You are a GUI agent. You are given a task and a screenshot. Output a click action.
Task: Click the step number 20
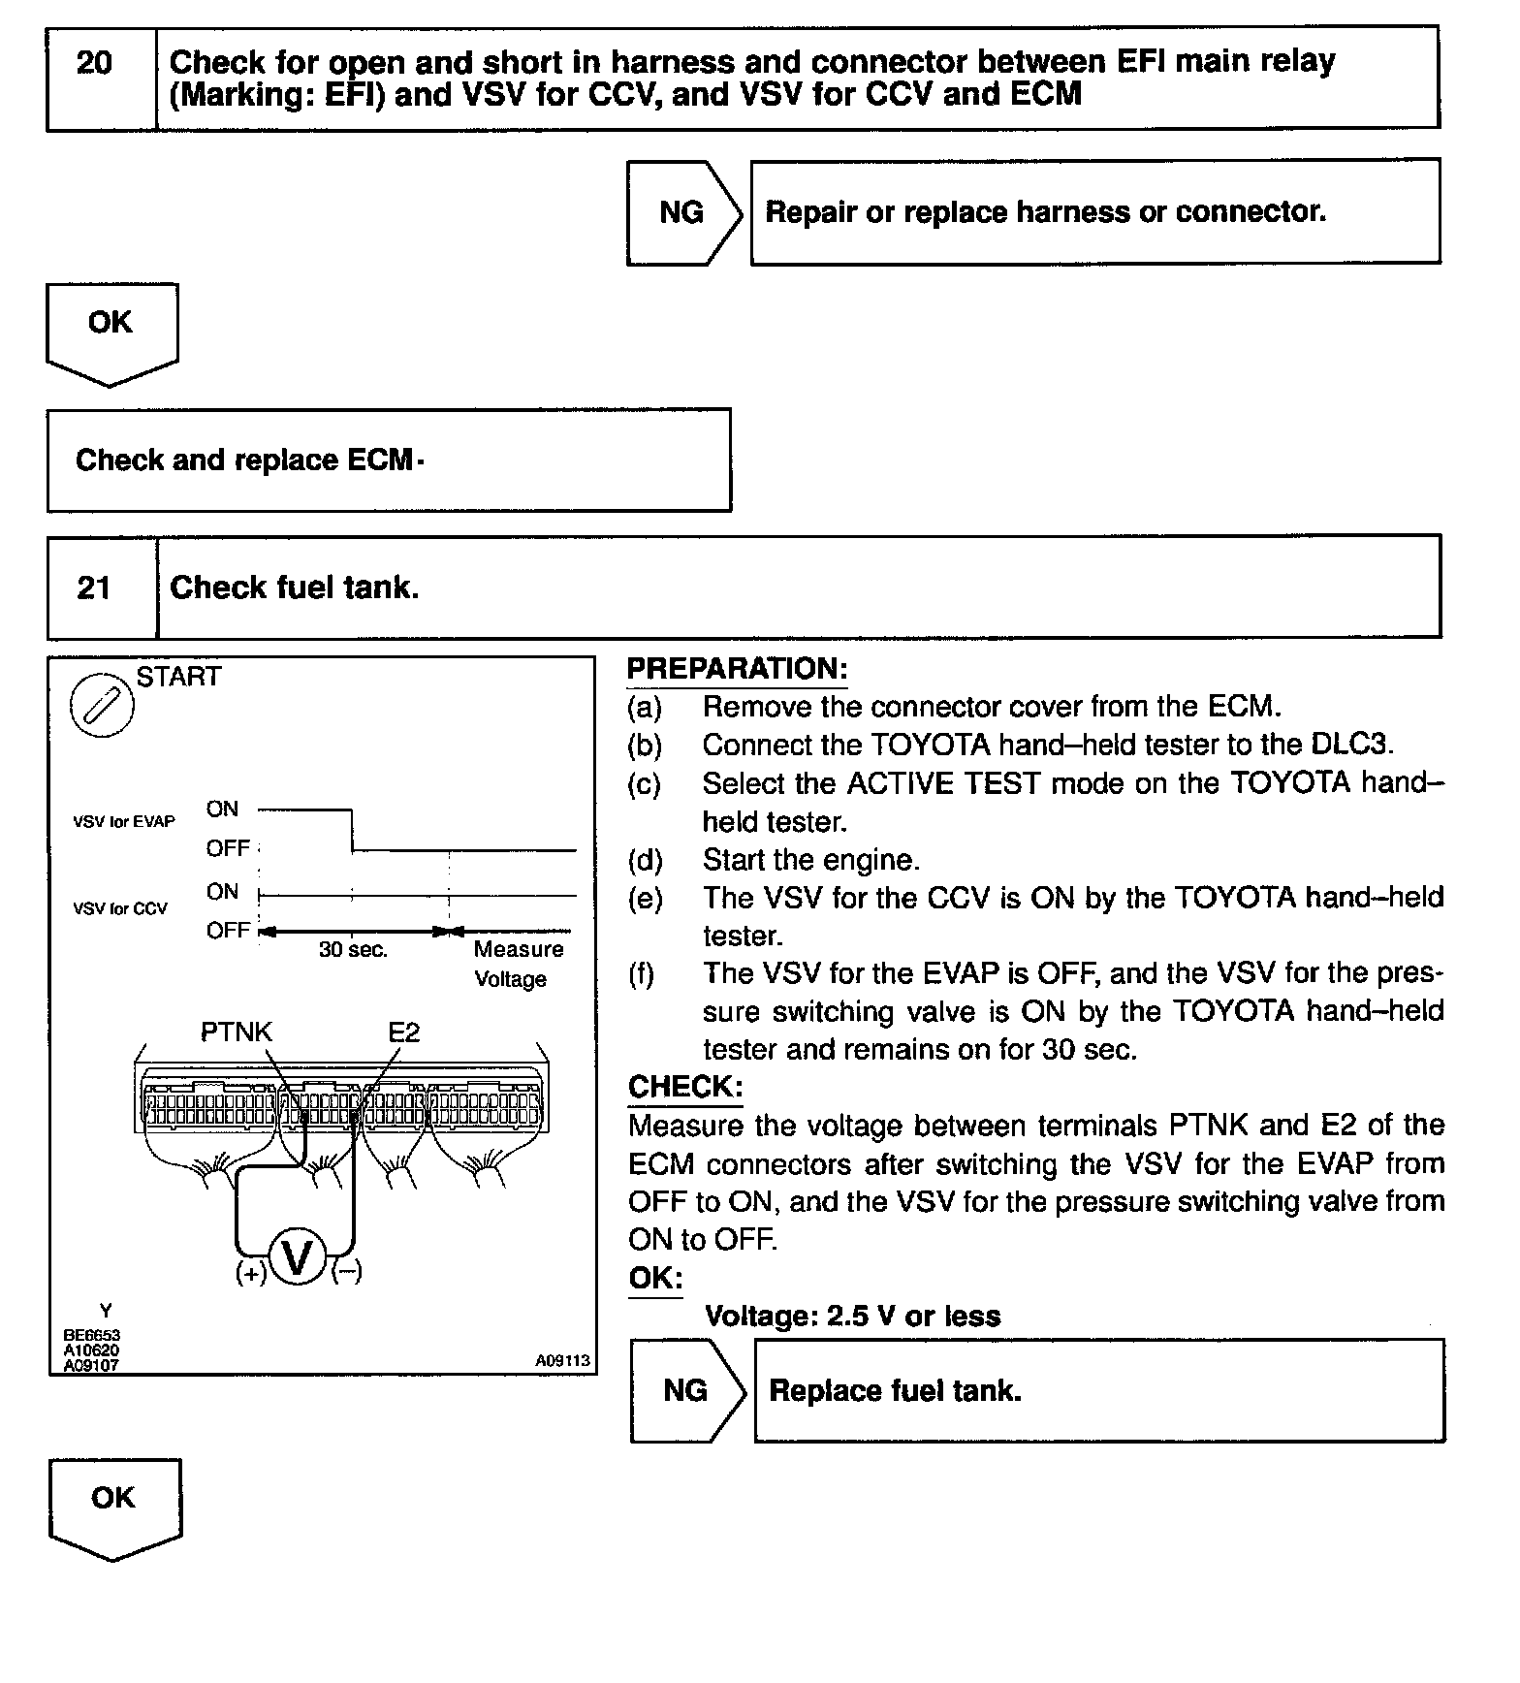point(94,64)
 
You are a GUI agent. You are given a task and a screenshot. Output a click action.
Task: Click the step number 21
point(94,587)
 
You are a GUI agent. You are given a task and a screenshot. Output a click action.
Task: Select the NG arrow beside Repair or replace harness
point(682,212)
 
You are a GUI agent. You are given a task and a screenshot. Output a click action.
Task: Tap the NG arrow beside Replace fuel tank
point(686,1391)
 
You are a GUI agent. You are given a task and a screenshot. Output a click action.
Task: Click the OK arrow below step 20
point(111,330)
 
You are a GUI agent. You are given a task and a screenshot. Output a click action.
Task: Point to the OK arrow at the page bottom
point(114,1505)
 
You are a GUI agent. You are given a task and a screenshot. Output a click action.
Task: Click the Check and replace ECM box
point(388,460)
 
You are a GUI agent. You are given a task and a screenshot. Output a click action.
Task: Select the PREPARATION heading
point(737,669)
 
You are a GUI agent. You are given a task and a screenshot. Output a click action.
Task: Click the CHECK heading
point(684,1087)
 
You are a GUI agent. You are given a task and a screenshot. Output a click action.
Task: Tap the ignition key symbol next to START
point(102,704)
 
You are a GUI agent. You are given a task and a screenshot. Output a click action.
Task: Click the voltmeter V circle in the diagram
point(297,1258)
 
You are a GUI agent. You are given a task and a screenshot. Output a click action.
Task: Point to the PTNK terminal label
point(237,1032)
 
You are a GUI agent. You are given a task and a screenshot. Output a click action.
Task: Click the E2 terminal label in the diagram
point(404,1032)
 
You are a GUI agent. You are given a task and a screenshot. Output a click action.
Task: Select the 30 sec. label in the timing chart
point(353,950)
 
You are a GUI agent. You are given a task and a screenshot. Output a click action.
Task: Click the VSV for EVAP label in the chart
point(124,821)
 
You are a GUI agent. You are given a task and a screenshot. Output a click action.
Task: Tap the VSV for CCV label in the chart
point(120,908)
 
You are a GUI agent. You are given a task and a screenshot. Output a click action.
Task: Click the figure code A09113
point(562,1360)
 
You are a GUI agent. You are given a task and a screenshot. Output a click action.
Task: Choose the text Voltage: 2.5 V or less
point(852,1316)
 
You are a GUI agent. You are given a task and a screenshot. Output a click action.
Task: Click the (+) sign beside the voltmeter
point(250,1273)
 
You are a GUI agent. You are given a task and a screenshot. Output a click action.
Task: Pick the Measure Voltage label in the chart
point(518,964)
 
